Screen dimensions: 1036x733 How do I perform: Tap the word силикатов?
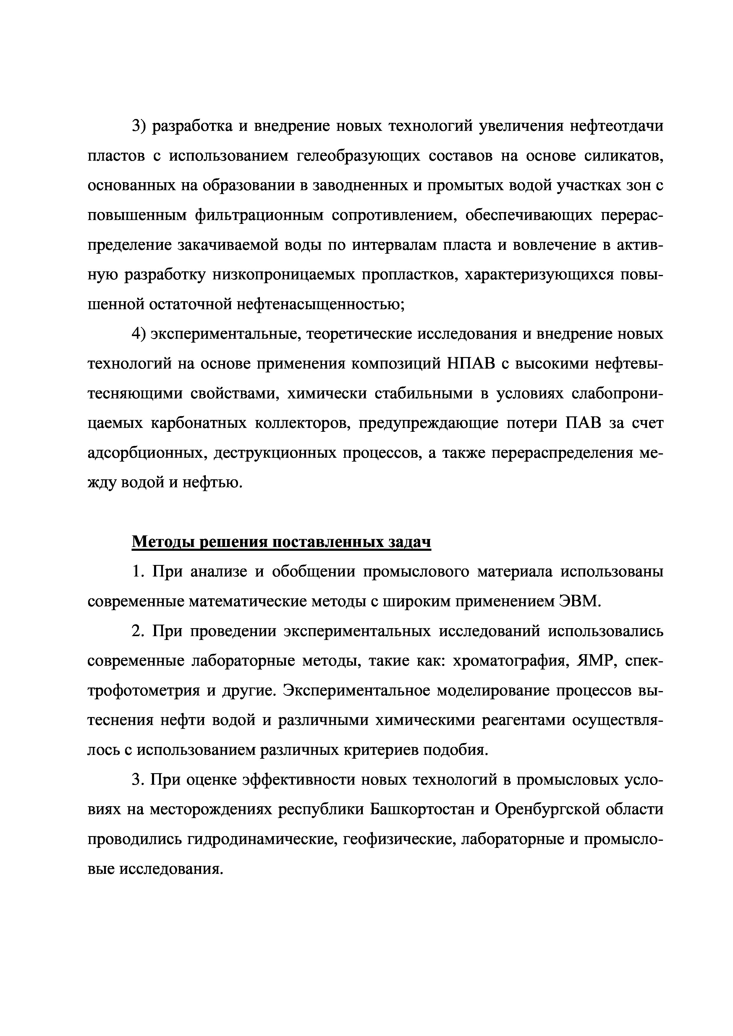tap(623, 156)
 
